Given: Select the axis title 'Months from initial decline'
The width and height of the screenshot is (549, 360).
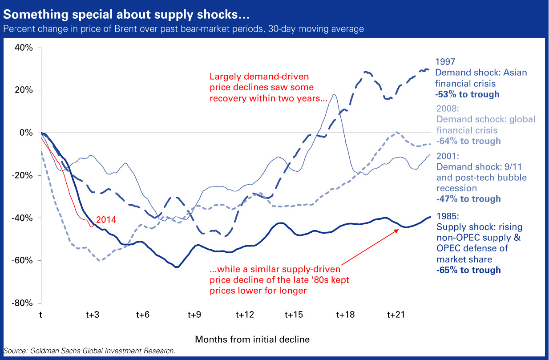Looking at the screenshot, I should [252, 340].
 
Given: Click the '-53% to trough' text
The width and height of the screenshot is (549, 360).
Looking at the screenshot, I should [467, 94].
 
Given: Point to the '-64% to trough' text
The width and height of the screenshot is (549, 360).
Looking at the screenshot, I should [468, 141].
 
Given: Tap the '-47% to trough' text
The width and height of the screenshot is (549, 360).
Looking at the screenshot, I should [468, 199].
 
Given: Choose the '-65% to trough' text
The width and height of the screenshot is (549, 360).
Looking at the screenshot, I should [468, 270].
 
